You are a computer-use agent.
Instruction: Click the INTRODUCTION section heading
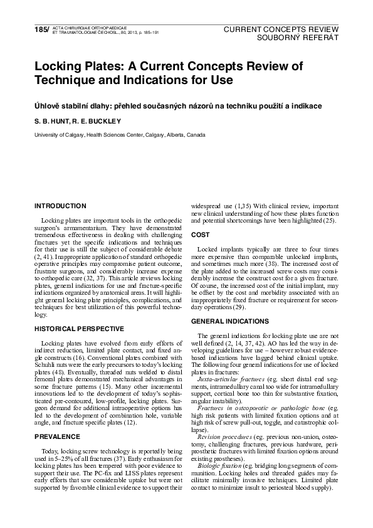coord(60,206)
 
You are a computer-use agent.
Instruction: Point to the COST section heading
coord(201,235)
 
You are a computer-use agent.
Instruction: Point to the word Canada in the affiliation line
coord(195,135)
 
